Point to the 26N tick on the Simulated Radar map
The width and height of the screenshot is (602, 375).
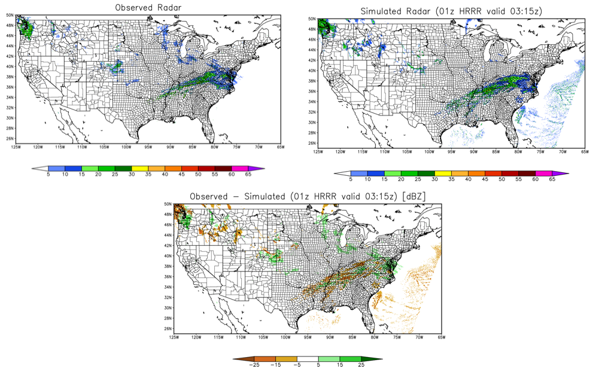pyautogui.click(x=312, y=144)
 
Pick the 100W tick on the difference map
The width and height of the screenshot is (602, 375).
pyautogui.click(x=285, y=337)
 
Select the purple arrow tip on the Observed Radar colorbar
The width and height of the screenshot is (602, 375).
pyautogui.click(x=260, y=169)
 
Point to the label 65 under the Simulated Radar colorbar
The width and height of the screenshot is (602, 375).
pyautogui.click(x=551, y=179)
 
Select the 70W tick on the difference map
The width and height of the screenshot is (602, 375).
pyautogui.click(x=418, y=337)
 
